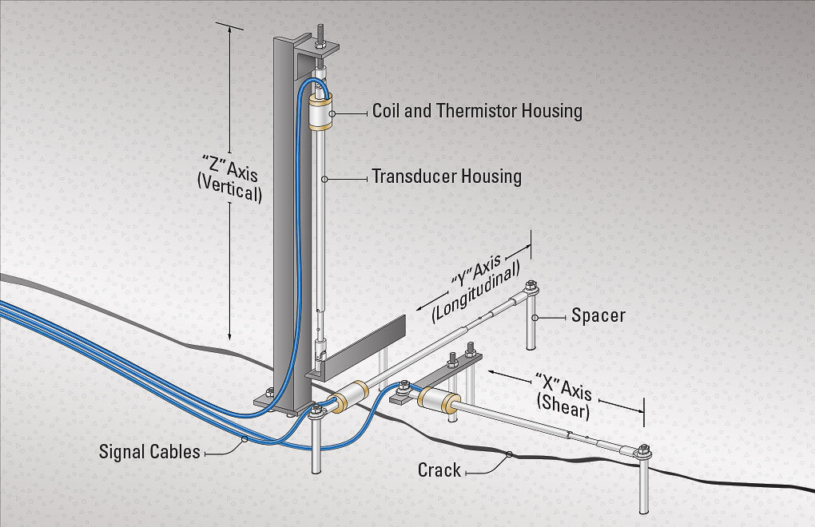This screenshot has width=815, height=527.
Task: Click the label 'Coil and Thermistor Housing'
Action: point(477,111)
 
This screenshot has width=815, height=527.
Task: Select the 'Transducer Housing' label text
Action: point(446,176)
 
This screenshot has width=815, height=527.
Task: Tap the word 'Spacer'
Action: point(598,315)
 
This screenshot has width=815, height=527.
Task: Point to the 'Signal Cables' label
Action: point(149,452)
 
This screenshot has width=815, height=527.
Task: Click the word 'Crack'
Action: point(439,470)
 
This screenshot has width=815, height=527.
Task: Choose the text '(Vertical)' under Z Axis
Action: point(230,193)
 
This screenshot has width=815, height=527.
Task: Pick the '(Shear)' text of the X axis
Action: point(563,409)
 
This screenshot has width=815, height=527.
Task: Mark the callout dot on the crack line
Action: point(509,455)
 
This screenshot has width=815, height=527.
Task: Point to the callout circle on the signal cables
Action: point(244,439)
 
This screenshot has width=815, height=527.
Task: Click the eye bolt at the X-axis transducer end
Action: point(642,454)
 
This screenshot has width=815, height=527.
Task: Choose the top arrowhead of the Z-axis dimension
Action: point(230,28)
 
